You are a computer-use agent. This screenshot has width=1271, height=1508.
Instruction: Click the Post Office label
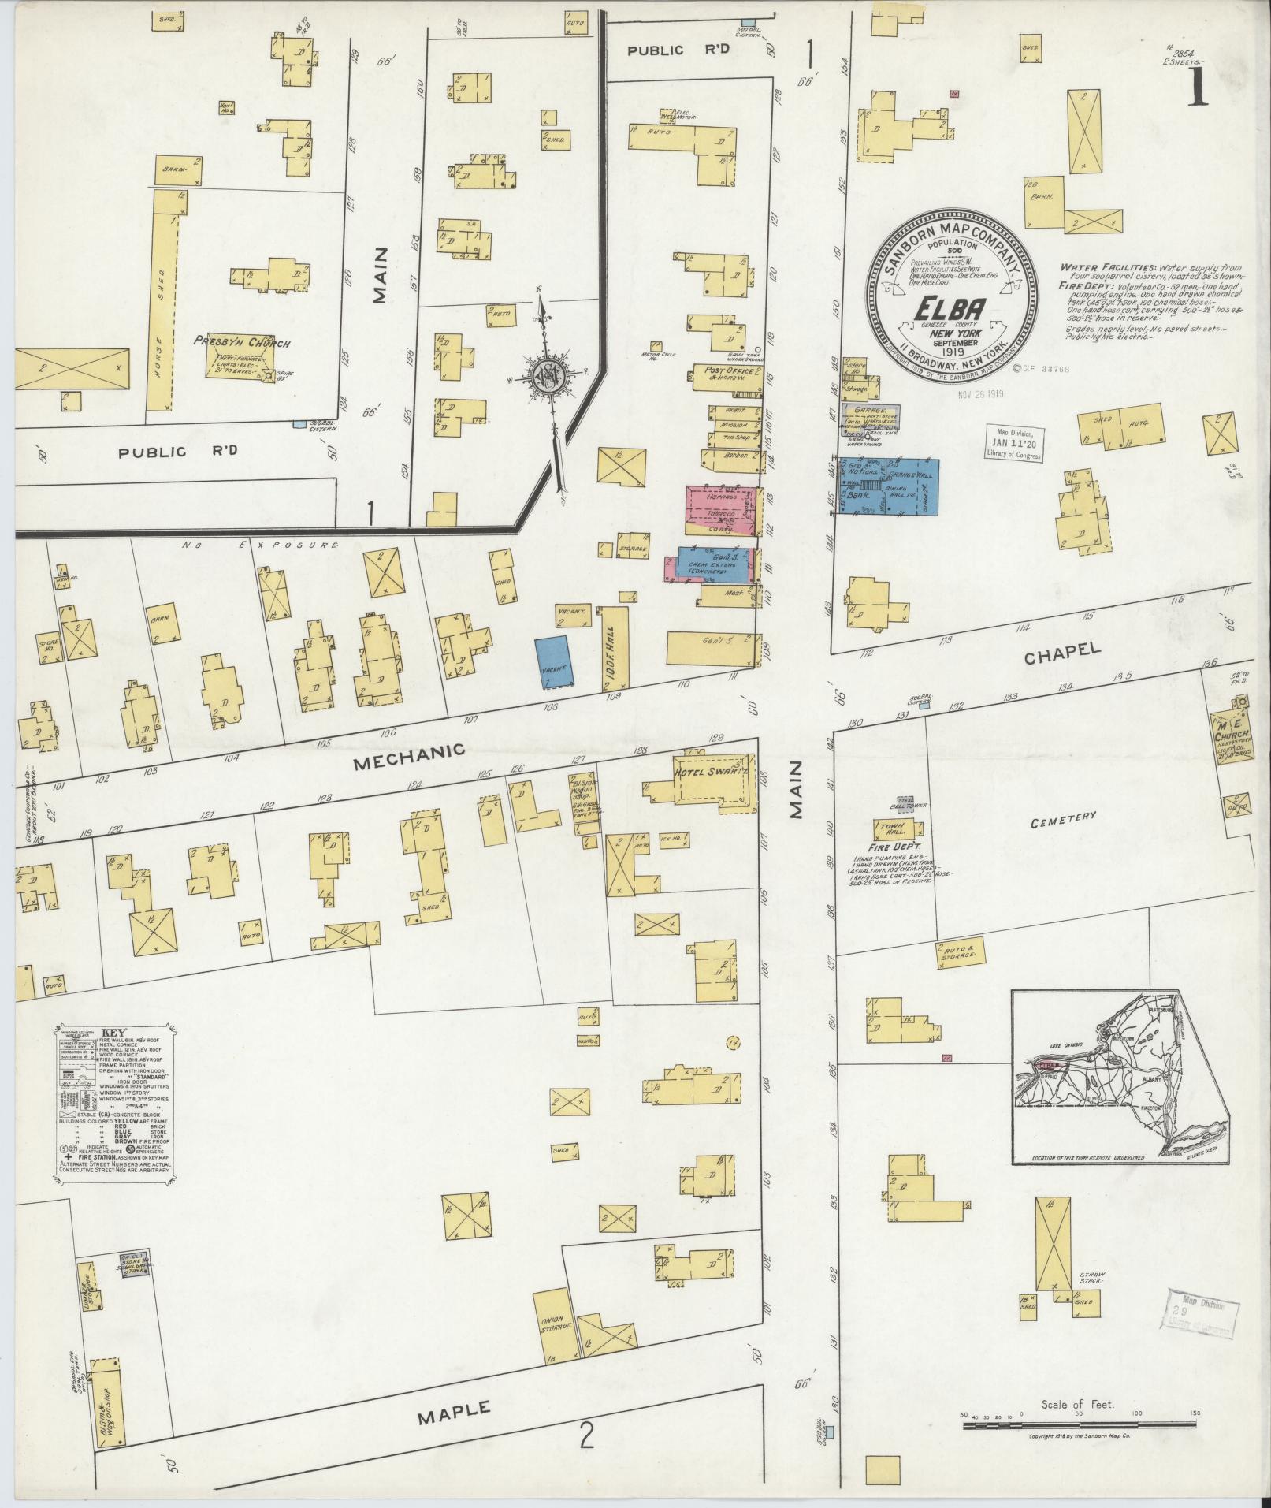723,372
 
